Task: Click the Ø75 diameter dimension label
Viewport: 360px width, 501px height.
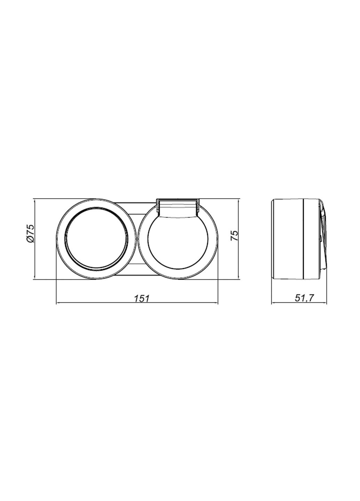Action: [30, 233]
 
